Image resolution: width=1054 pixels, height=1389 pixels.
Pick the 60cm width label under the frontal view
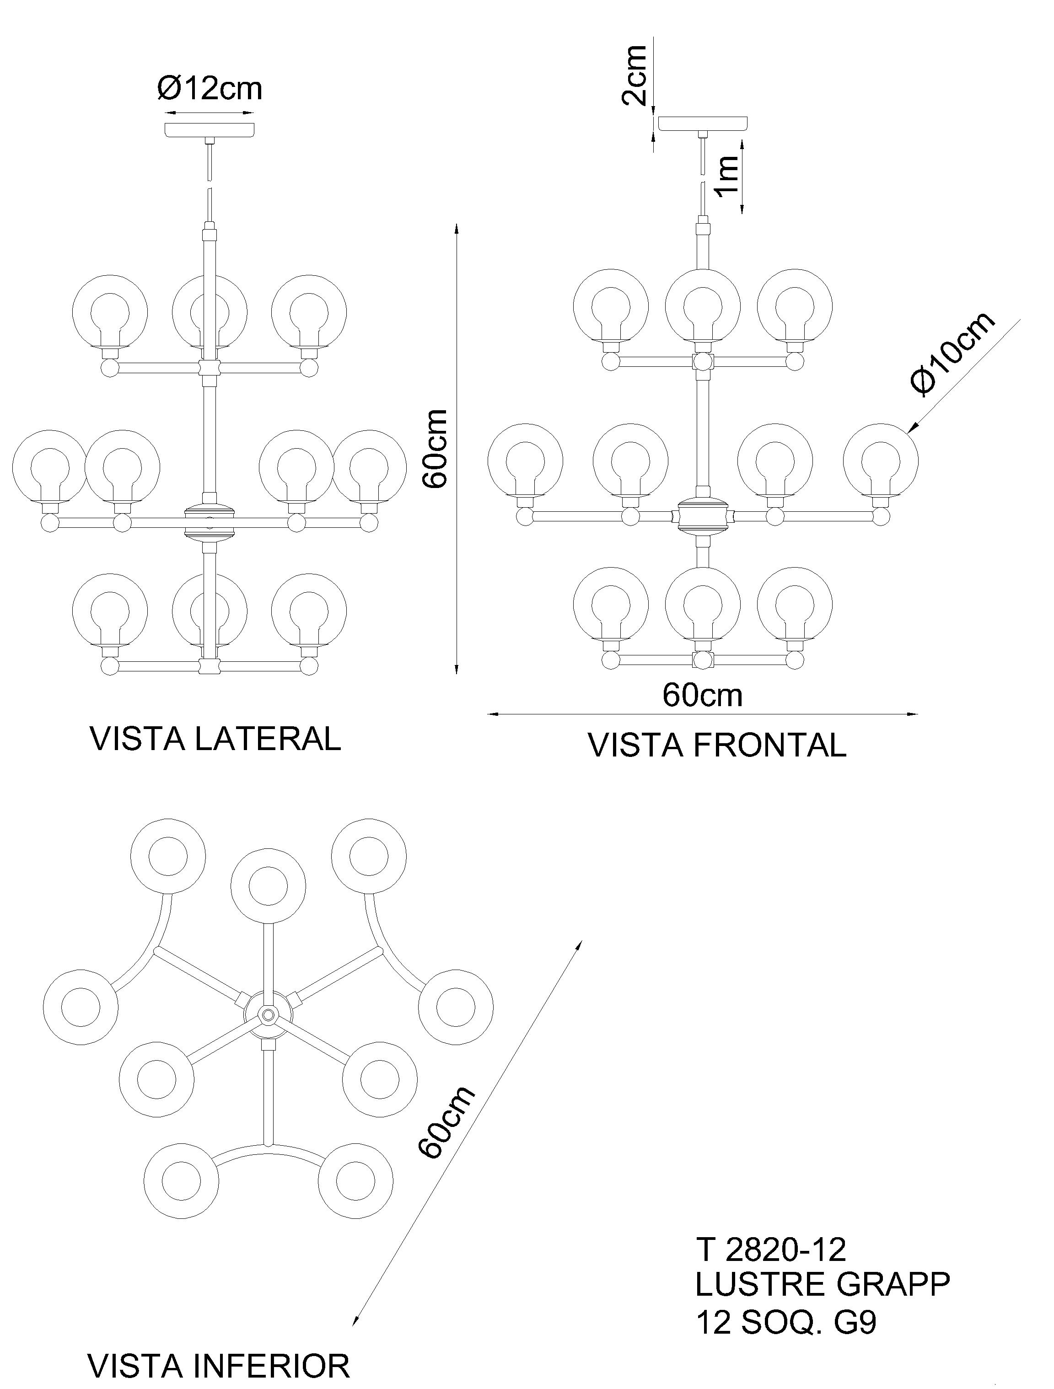tap(702, 695)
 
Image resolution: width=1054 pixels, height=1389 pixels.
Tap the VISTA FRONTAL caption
tap(717, 745)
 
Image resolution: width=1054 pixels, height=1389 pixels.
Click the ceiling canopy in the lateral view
tap(210, 129)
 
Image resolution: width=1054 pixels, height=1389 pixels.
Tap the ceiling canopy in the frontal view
tap(703, 123)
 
